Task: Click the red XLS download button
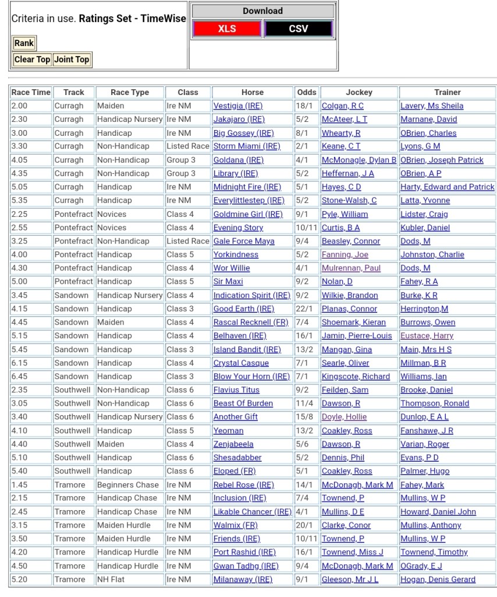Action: coord(227,29)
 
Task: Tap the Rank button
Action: coord(24,43)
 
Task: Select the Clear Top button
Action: coord(32,59)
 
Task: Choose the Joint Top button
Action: coord(72,59)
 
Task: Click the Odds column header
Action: coord(307,92)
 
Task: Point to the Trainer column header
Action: coord(447,92)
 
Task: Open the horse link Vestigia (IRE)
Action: coord(237,106)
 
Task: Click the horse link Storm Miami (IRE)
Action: coord(246,146)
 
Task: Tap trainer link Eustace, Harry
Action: coord(427,336)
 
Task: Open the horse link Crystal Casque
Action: coord(240,363)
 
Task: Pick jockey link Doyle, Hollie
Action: coord(344,417)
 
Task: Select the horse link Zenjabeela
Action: coord(233,444)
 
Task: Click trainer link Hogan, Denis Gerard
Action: coord(438,580)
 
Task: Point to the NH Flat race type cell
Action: coord(112,580)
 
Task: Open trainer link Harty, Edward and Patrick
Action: coord(447,187)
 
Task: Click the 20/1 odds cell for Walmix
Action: coord(303,525)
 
